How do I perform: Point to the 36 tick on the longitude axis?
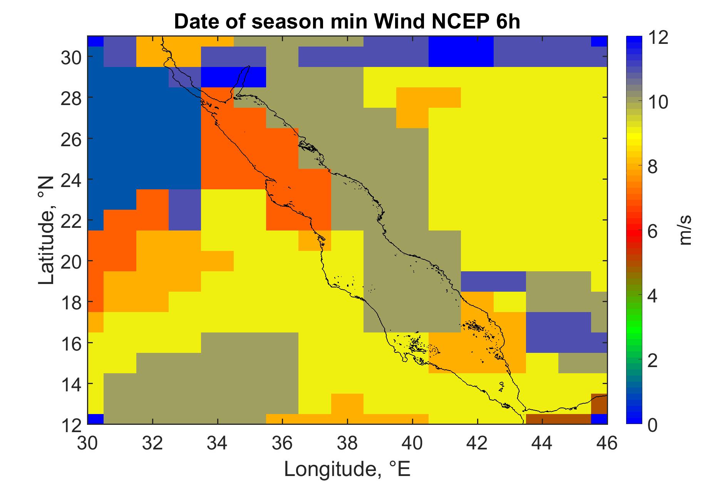pyautogui.click(x=283, y=443)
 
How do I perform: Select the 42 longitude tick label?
pyautogui.click(x=477, y=443)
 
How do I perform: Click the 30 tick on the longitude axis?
pyautogui.click(x=88, y=443)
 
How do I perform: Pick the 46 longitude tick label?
pyautogui.click(x=607, y=443)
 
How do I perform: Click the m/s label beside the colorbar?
pyautogui.click(x=685, y=230)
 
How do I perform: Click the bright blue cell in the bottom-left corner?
pyautogui.click(x=96, y=419)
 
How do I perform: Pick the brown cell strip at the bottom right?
pyautogui.click(x=558, y=419)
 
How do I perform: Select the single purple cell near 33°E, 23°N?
pyautogui.click(x=185, y=210)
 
